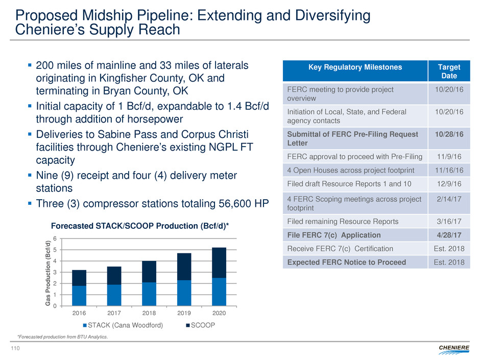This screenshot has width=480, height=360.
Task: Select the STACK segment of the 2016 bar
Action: tap(79, 296)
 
